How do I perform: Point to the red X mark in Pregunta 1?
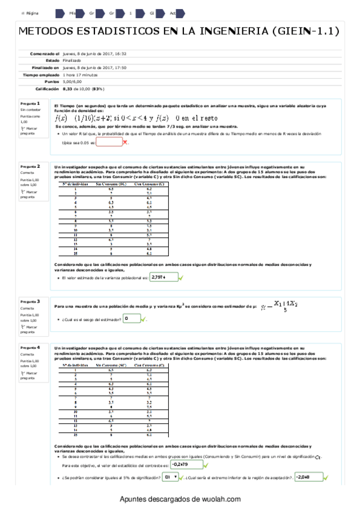(125, 143)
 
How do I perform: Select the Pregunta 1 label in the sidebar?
(30, 103)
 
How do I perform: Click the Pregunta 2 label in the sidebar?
(30, 166)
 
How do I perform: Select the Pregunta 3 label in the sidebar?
(30, 301)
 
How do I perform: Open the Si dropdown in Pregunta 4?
(171, 477)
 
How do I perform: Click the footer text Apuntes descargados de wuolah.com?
(180, 499)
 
